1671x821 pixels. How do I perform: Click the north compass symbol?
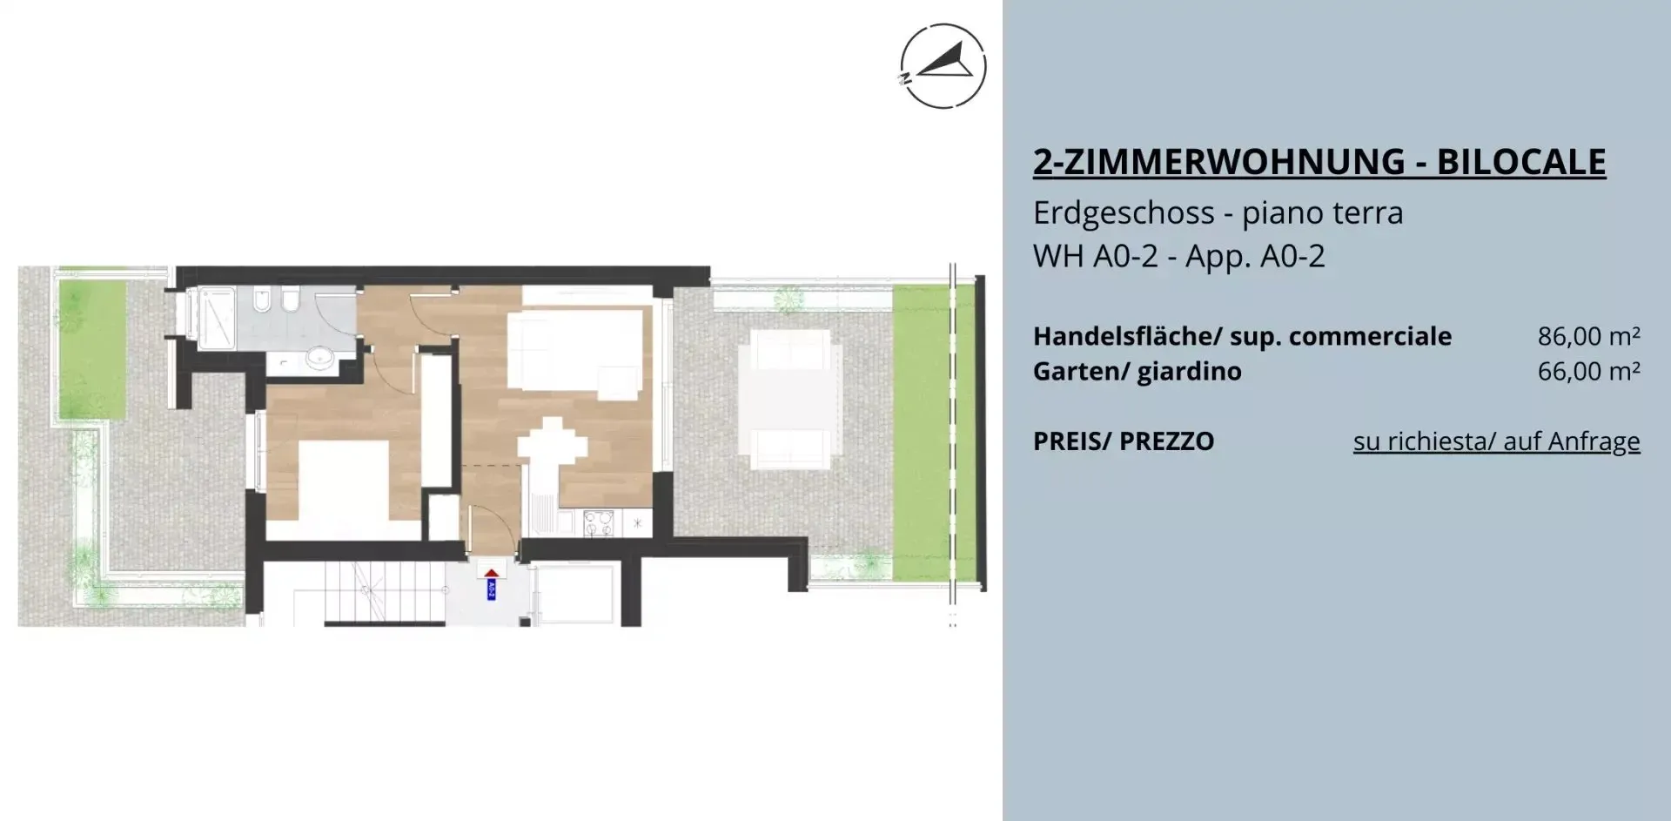coord(943,66)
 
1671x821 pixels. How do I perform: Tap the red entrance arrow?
coord(492,573)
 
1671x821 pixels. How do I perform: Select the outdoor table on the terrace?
coord(789,405)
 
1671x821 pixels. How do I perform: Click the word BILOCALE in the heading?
coord(1521,162)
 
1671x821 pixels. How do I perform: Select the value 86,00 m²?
coord(1589,336)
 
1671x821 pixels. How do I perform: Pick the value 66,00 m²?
coord(1589,371)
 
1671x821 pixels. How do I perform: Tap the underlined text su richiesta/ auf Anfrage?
coord(1496,441)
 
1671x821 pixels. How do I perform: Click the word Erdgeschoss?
coord(1124,213)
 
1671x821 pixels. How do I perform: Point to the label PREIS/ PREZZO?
coord(1124,441)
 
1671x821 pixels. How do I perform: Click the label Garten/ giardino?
coord(1137,372)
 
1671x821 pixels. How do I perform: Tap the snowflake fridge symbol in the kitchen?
coord(638,522)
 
